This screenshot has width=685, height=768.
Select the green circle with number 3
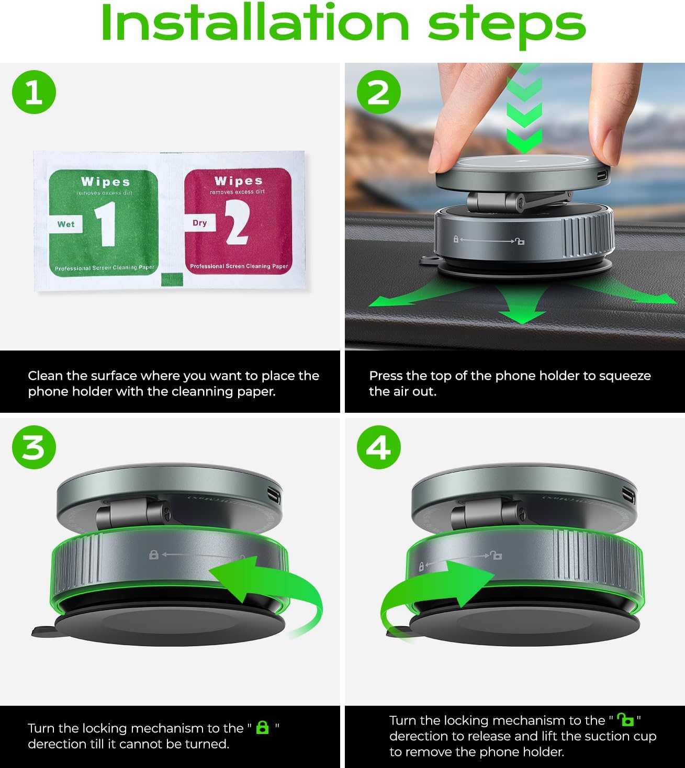(x=34, y=447)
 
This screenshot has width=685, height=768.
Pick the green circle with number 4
(x=378, y=447)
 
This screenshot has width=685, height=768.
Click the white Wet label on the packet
(x=66, y=224)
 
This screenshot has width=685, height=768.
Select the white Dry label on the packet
(x=200, y=223)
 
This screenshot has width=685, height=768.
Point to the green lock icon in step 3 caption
(x=263, y=728)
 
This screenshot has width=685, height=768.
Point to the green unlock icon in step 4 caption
(x=625, y=720)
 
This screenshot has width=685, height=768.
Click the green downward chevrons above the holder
(x=524, y=110)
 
